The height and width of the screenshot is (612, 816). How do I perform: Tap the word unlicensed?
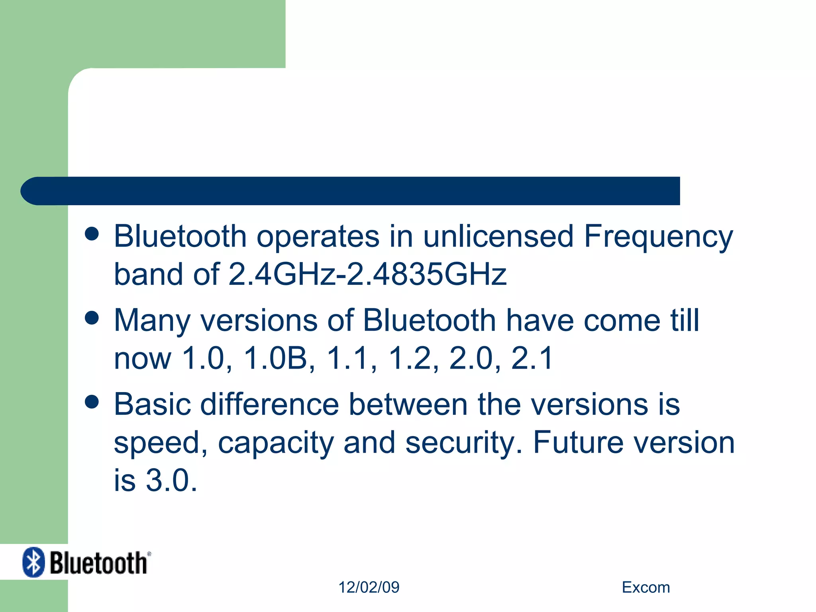pyautogui.click(x=498, y=236)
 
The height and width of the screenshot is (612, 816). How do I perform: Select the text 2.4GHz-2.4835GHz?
pyautogui.click(x=367, y=275)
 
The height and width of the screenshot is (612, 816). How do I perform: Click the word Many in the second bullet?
pyautogui.click(x=152, y=321)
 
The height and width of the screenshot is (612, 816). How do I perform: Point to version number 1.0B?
pyautogui.click(x=275, y=358)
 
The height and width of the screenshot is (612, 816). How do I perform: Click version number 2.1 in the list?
pyautogui.click(x=532, y=358)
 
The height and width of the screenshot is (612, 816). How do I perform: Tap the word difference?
pyautogui.click(x=269, y=405)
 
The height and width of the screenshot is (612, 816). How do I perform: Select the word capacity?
pyautogui.click(x=276, y=443)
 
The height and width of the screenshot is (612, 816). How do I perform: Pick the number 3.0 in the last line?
pyautogui.click(x=171, y=481)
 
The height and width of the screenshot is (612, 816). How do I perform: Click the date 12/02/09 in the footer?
pyautogui.click(x=369, y=587)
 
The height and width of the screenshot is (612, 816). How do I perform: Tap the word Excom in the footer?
pyautogui.click(x=646, y=587)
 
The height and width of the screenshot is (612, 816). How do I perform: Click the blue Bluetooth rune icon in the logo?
pyautogui.click(x=33, y=562)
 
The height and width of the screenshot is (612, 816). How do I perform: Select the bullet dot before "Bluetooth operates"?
pyautogui.click(x=92, y=234)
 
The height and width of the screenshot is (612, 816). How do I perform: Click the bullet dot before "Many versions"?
pyautogui.click(x=92, y=318)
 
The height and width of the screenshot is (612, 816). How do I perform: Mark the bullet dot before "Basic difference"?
pyautogui.click(x=92, y=402)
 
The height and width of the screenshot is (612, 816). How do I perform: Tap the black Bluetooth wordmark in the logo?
pyautogui.click(x=98, y=563)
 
